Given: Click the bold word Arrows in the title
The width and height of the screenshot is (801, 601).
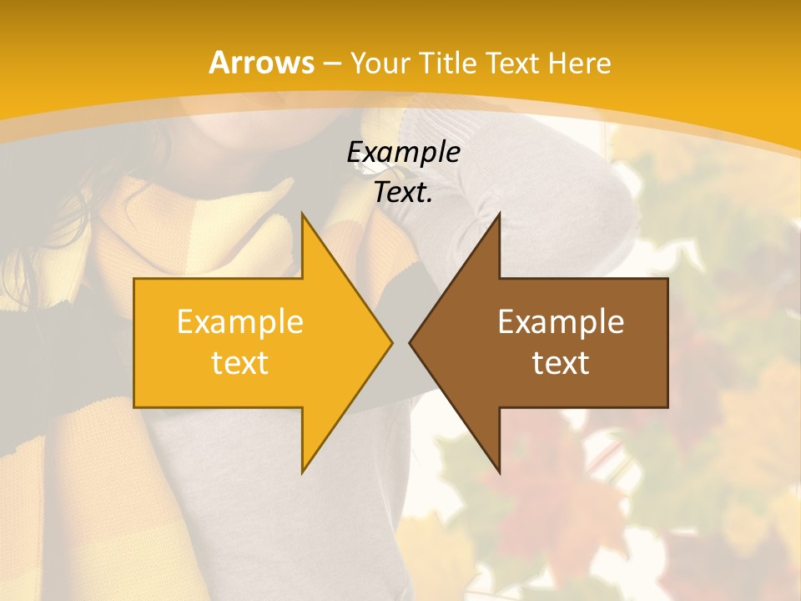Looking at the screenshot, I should pyautogui.click(x=261, y=63).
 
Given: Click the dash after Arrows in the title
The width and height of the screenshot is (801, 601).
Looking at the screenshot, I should pyautogui.click(x=331, y=63).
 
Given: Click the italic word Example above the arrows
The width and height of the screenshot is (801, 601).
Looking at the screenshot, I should pyautogui.click(x=403, y=153).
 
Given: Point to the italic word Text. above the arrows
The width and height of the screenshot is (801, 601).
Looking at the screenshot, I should pyautogui.click(x=403, y=192).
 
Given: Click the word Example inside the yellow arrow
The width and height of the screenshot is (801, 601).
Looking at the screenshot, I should pyautogui.click(x=239, y=321).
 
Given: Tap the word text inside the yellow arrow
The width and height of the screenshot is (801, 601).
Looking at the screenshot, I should pyautogui.click(x=239, y=363).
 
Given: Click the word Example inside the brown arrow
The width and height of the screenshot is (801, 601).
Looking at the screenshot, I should pyautogui.click(x=561, y=321).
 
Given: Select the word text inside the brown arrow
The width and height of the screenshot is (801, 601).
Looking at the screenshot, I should pyautogui.click(x=561, y=363).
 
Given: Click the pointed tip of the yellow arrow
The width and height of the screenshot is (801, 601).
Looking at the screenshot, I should pyautogui.click(x=391, y=342).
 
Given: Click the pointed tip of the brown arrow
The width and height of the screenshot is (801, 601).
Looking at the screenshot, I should pyautogui.click(x=411, y=342).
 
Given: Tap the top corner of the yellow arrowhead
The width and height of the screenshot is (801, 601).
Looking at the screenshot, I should pyautogui.click(x=303, y=214).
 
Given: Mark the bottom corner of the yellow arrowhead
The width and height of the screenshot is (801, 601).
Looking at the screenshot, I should pyautogui.click(x=303, y=472).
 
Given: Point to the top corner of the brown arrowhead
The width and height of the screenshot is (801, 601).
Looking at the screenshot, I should pyautogui.click(x=499, y=214).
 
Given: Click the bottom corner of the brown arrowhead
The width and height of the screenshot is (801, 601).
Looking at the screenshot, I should pyautogui.click(x=499, y=472).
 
